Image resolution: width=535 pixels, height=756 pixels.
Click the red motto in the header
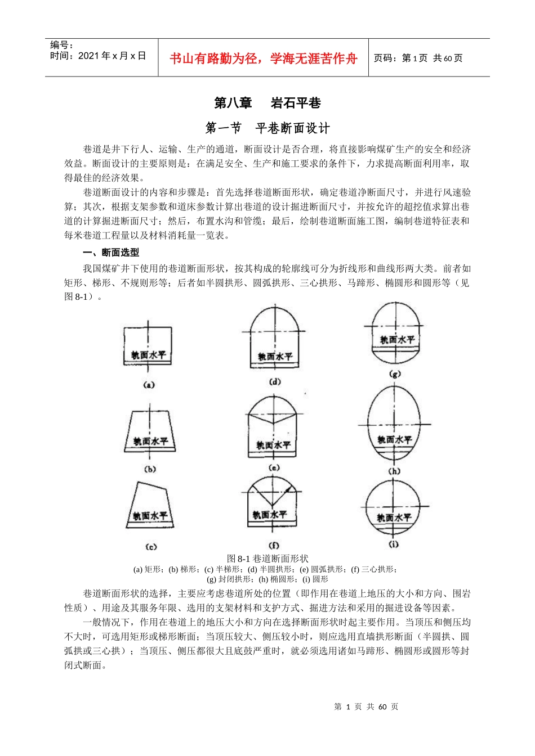(x=264, y=58)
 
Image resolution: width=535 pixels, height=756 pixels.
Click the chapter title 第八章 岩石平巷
(x=267, y=103)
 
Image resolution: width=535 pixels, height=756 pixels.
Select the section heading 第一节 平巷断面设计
(x=267, y=128)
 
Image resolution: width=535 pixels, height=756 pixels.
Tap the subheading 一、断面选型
(x=111, y=253)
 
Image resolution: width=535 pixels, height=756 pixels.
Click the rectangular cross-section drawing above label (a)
(x=148, y=346)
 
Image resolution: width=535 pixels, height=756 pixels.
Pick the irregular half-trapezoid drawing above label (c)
(x=150, y=506)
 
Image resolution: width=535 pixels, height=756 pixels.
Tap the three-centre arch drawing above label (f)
(x=273, y=502)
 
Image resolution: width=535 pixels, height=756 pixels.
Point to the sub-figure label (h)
(x=394, y=471)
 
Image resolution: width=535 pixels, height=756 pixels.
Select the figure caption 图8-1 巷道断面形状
(x=267, y=559)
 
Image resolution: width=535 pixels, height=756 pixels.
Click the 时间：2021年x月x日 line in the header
(x=98, y=56)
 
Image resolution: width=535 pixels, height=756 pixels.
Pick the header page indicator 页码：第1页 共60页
(x=418, y=58)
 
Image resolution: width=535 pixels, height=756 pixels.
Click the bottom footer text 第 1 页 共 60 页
(x=366, y=707)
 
